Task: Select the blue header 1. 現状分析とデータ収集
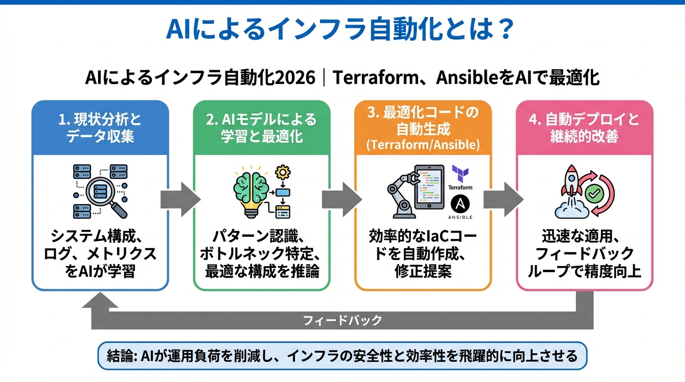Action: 100,128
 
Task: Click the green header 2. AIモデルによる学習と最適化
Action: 261,128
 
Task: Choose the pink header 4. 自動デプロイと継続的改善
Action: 584,128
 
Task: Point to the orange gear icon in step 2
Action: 283,173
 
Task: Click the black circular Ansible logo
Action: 460,204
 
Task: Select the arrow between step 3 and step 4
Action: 503,199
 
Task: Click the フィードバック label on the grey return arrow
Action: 342,320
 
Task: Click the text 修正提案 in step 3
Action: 423,271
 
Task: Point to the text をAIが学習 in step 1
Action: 100,271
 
